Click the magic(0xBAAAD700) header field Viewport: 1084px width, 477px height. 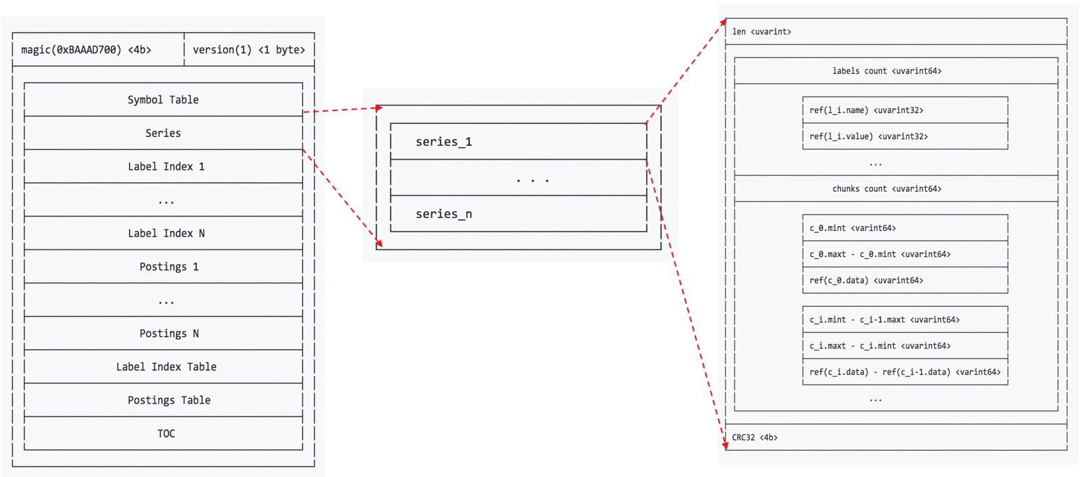[86, 50]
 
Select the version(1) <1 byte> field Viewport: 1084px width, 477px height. [249, 50]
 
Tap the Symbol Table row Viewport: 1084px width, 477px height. [163, 100]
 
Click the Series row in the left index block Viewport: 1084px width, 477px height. [163, 133]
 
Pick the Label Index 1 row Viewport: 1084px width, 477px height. [166, 167]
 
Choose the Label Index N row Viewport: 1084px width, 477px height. [166, 234]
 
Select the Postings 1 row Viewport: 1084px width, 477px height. [169, 267]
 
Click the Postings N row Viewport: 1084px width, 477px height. [169, 334]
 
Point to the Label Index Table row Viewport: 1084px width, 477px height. [166, 367]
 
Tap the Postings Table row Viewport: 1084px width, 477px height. [169, 400]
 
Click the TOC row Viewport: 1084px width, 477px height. [166, 434]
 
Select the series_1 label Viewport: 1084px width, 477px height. [443, 142]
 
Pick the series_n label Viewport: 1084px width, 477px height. [443, 215]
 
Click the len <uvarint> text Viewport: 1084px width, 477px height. [761, 32]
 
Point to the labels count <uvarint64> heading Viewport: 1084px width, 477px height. [887, 71]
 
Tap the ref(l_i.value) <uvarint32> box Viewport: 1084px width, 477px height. [904, 136]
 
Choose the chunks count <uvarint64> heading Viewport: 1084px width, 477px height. [887, 189]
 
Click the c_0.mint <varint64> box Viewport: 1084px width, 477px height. [904, 228]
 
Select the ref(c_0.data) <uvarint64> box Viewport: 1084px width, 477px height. [904, 280]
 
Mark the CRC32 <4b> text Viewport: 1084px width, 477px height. [754, 437]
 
